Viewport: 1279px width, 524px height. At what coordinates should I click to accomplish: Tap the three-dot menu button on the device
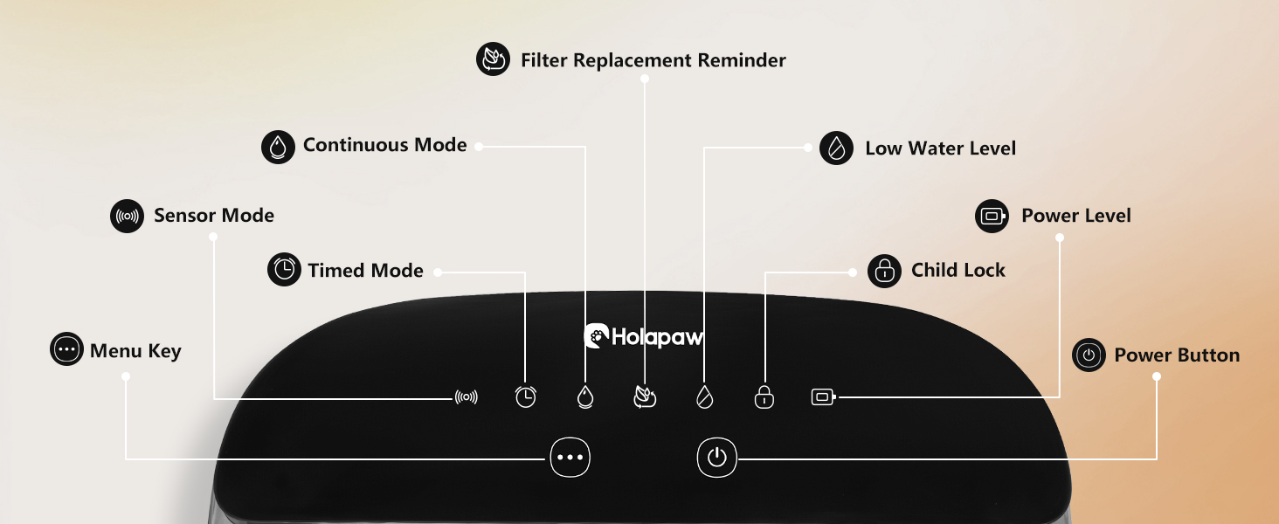pyautogui.click(x=570, y=457)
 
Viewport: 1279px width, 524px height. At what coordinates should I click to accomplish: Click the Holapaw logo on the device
pyautogui.click(x=644, y=337)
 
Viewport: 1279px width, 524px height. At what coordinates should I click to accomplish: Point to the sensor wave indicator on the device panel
pyautogui.click(x=467, y=397)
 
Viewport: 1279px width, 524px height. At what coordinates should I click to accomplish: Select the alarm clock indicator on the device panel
pyautogui.click(x=525, y=397)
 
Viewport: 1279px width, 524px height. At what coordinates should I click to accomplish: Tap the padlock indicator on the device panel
pyautogui.click(x=764, y=397)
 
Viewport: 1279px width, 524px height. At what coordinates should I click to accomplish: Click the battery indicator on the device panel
pyautogui.click(x=823, y=397)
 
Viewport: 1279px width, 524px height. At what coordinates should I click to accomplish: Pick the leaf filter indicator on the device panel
pyautogui.click(x=645, y=397)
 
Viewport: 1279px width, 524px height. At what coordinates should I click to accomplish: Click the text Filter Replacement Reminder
pyautogui.click(x=653, y=60)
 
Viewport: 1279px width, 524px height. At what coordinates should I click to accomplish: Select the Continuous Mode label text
pyautogui.click(x=384, y=145)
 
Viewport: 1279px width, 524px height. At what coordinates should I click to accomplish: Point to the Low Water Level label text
pyautogui.click(x=940, y=148)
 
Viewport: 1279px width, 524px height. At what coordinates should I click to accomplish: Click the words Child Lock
pyautogui.click(x=958, y=271)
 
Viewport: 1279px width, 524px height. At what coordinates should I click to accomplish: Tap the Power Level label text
pyautogui.click(x=1075, y=216)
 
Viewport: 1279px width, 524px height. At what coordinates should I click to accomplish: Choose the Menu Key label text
pyautogui.click(x=135, y=351)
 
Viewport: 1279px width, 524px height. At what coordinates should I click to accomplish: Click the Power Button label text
pyautogui.click(x=1176, y=355)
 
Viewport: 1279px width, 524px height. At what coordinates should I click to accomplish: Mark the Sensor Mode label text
pyautogui.click(x=213, y=216)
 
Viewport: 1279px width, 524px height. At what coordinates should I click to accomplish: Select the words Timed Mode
pyautogui.click(x=365, y=271)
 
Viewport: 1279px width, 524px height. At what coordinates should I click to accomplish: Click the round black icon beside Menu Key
pyautogui.click(x=66, y=349)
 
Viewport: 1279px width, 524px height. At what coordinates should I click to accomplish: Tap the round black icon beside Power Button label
pyautogui.click(x=1089, y=355)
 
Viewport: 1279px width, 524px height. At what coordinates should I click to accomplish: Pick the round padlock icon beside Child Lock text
pyautogui.click(x=884, y=271)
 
